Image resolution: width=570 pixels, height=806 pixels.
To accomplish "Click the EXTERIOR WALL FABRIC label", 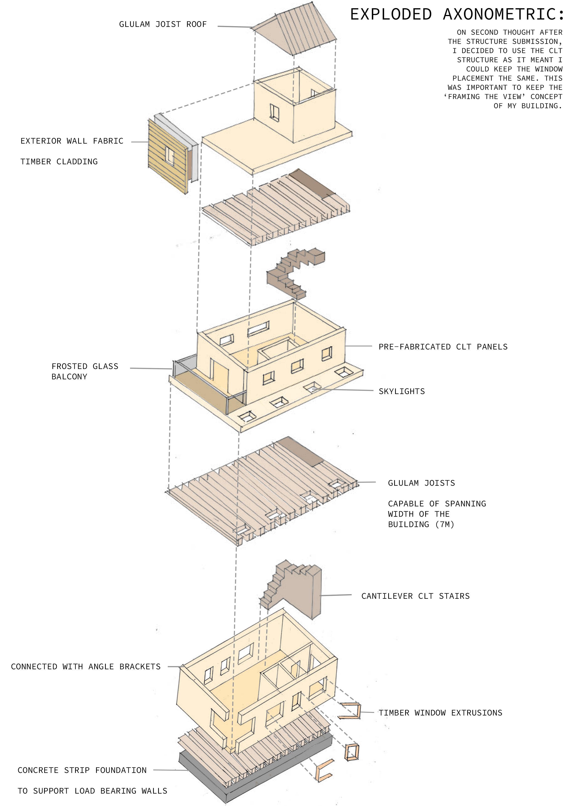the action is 72,141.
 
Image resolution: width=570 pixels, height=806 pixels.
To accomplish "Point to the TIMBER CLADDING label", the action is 59,162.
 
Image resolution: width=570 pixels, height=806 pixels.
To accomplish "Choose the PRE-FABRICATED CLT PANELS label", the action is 443,347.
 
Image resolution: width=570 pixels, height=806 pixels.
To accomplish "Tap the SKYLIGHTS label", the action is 402,392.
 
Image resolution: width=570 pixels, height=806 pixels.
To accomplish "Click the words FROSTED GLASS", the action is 85,366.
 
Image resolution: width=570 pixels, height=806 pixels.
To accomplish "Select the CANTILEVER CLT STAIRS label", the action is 416,596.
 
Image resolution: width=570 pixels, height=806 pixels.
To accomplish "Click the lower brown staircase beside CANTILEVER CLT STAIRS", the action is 295,590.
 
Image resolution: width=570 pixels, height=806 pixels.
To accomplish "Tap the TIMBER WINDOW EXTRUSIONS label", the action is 440,713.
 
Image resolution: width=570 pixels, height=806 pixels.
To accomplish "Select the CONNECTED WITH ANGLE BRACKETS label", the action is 86,667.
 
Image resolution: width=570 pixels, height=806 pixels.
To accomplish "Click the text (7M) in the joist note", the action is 445,525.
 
